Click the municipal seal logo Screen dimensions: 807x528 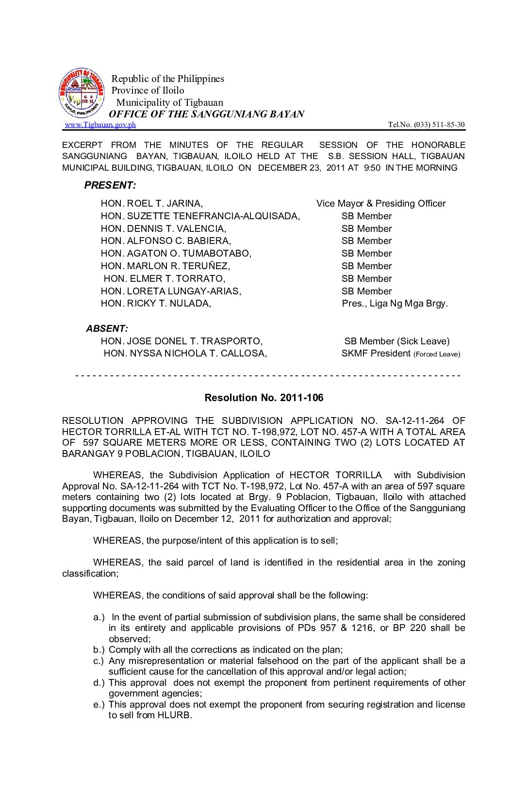pyautogui.click(x=82, y=93)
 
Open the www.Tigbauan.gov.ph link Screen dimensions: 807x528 pyautogui.click(x=100, y=125)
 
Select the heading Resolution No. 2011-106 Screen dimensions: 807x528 pyautogui.click(x=264, y=398)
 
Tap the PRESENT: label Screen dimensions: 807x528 pyautogui.click(x=110, y=185)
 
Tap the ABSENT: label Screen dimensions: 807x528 pyautogui.click(x=107, y=328)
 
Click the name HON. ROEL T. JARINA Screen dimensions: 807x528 pyautogui.click(x=152, y=204)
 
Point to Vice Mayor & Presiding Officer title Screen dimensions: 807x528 pyautogui.click(x=381, y=204)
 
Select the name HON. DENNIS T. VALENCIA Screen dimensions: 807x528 pyautogui.click(x=164, y=229)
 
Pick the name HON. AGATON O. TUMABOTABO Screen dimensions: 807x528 pyautogui.click(x=176, y=254)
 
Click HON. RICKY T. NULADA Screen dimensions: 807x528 pyautogui.click(x=156, y=304)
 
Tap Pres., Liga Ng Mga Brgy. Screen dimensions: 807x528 pyautogui.click(x=395, y=304)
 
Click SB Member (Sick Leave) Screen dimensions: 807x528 pyautogui.click(x=397, y=341)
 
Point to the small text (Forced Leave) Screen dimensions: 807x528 pyautogui.click(x=437, y=355)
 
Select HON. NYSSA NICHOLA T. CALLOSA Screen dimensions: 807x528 pyautogui.click(x=185, y=354)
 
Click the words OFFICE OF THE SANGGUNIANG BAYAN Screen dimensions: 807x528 pyautogui.click(x=207, y=114)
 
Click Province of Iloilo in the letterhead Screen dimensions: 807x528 pyautogui.click(x=148, y=91)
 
